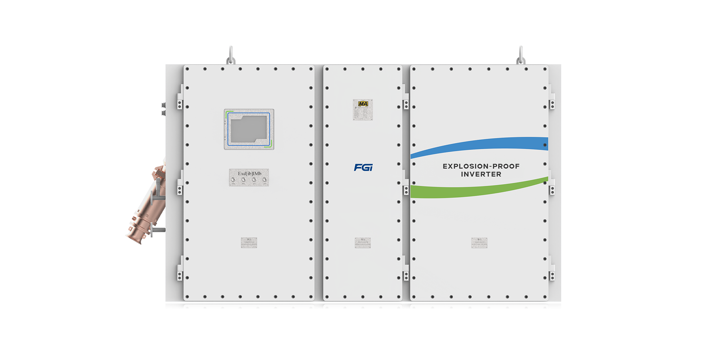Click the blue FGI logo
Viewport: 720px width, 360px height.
click(x=363, y=167)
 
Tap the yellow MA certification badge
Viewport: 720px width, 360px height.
click(x=363, y=104)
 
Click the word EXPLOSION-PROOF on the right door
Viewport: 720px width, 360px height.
click(x=481, y=166)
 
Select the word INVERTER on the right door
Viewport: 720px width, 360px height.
click(x=481, y=174)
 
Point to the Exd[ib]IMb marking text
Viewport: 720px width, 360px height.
click(x=249, y=174)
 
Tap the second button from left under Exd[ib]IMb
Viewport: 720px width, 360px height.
click(x=244, y=180)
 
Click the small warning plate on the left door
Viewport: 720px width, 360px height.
click(x=249, y=243)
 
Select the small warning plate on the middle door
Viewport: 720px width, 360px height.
click(x=363, y=243)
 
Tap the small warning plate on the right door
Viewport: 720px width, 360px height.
click(x=479, y=243)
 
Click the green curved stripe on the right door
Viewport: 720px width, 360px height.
click(x=479, y=191)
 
